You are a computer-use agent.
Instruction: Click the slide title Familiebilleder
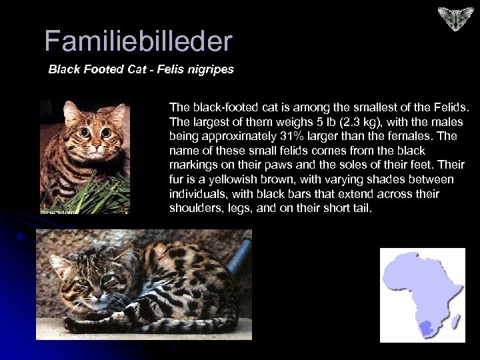[x=138, y=41]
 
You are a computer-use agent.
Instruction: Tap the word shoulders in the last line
[x=193, y=209]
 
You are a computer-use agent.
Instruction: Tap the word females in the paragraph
[x=421, y=136]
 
